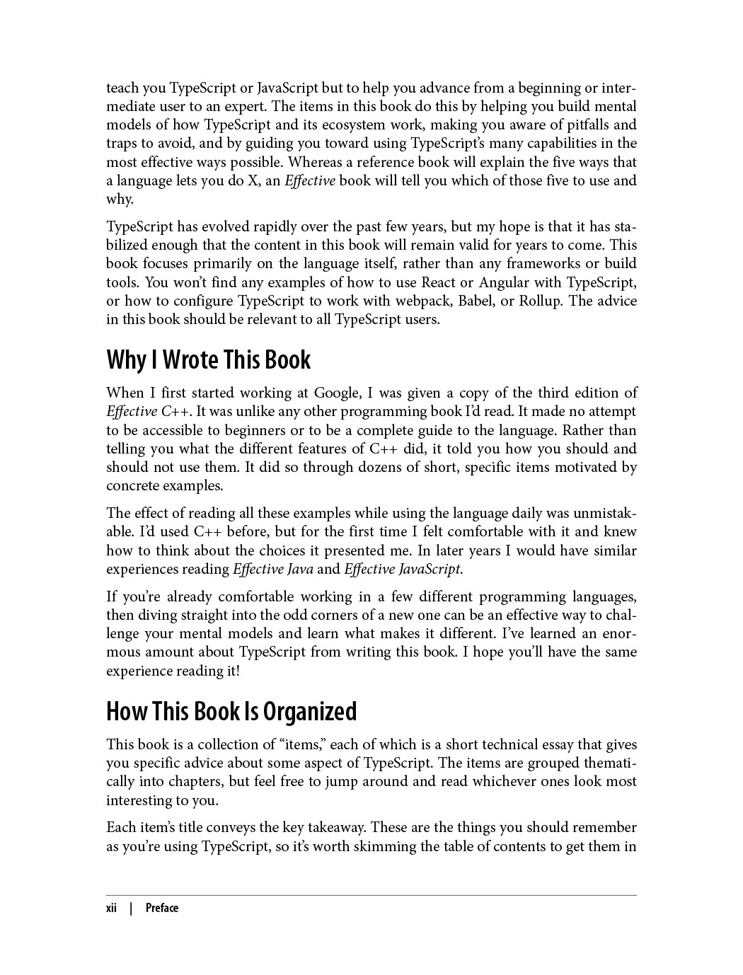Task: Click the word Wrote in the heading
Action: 190,360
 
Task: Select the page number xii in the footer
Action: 111,908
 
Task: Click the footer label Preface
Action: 162,908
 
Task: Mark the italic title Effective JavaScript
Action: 403,569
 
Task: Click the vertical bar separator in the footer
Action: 131,908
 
